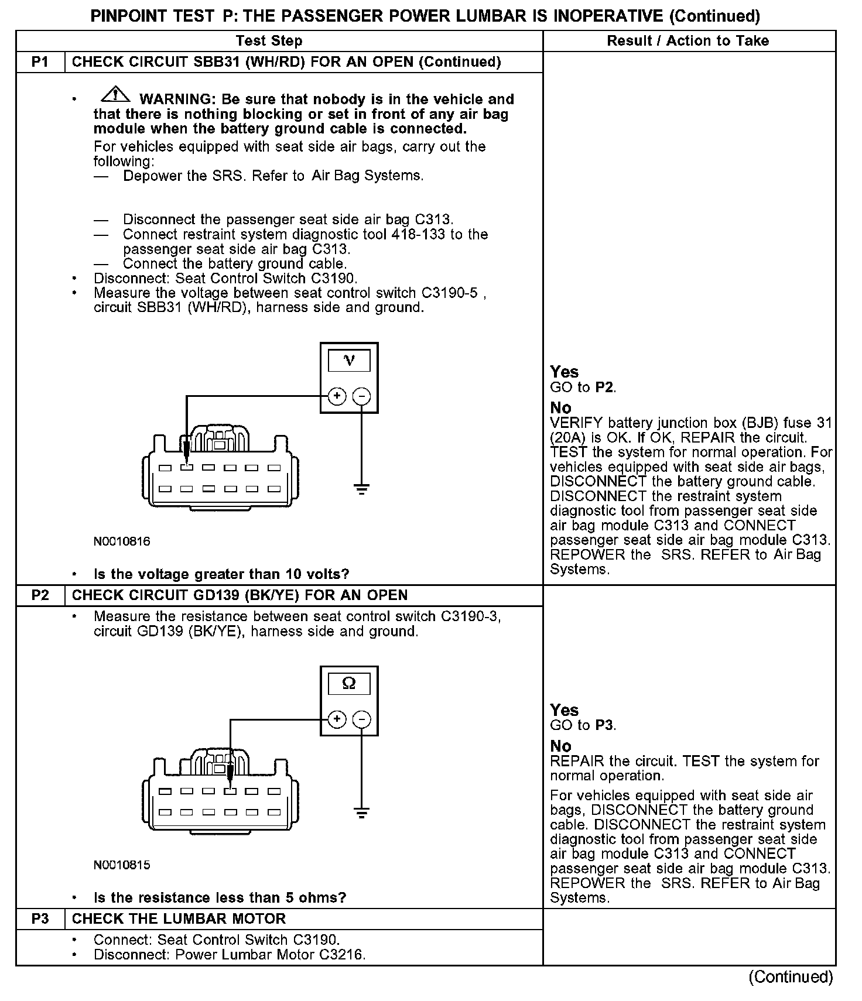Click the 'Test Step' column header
(x=269, y=41)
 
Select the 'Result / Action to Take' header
(x=687, y=41)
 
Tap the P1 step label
(x=40, y=62)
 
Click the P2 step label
(x=40, y=595)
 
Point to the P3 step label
(x=40, y=919)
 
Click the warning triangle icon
(x=115, y=93)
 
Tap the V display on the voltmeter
(x=349, y=361)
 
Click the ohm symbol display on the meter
(x=349, y=684)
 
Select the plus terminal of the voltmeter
(x=337, y=396)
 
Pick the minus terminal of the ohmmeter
(x=362, y=719)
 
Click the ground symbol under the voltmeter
(x=362, y=489)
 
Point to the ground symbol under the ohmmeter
(x=362, y=813)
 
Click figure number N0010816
(x=122, y=541)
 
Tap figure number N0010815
(x=122, y=865)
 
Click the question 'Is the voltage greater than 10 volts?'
(x=221, y=574)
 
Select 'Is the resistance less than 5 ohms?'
(x=220, y=898)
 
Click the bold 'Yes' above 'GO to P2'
(x=565, y=372)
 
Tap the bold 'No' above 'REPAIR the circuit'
(x=560, y=746)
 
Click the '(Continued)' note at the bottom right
(x=791, y=977)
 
